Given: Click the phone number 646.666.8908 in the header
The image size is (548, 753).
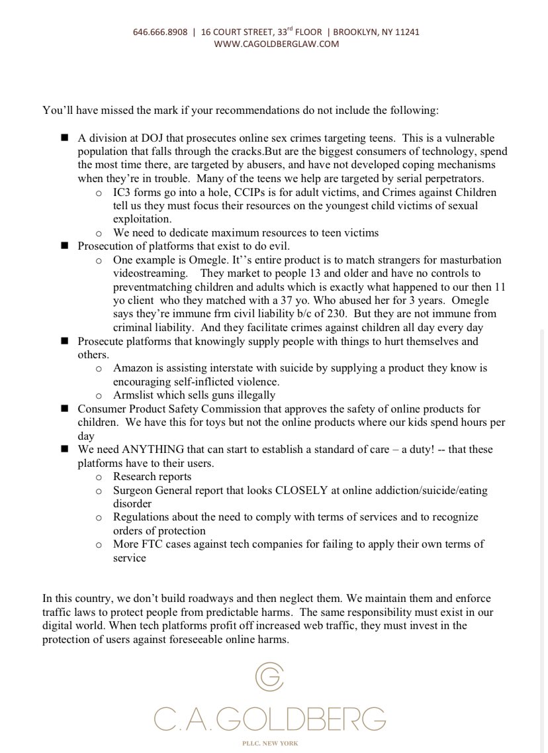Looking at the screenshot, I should [160, 32].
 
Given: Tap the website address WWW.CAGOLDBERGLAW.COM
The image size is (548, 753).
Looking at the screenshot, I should [277, 44].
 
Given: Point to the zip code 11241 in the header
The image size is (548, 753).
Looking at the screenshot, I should [406, 32].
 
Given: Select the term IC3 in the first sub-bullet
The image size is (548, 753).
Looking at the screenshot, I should [123, 193].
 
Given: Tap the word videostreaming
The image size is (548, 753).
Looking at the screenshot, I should [145, 273].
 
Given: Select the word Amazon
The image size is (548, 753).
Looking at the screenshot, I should [132, 368].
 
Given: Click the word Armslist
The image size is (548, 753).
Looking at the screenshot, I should [134, 395].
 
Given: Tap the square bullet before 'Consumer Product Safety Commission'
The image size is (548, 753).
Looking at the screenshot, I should [65, 409].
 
